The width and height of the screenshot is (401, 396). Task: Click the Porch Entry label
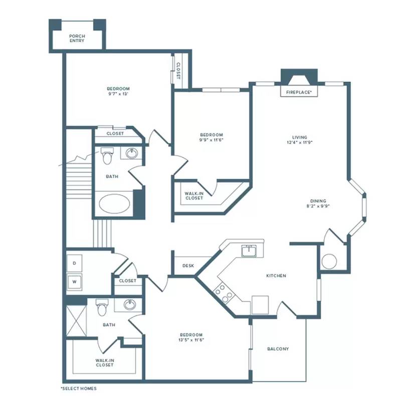tap(77, 39)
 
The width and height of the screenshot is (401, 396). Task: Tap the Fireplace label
tap(299, 92)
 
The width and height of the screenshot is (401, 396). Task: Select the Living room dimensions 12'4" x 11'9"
tap(300, 142)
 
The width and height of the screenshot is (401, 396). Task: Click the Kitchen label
tap(276, 276)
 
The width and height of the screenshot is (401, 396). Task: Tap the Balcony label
tap(278, 349)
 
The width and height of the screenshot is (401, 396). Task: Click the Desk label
tap(188, 266)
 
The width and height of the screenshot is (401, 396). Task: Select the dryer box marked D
tap(74, 263)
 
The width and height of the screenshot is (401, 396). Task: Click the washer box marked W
tap(74, 282)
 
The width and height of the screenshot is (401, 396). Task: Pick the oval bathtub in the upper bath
tap(114, 204)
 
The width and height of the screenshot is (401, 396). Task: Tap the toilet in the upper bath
tap(107, 155)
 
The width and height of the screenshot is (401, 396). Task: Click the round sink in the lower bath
tap(130, 304)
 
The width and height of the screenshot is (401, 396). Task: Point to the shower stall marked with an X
tap(77, 321)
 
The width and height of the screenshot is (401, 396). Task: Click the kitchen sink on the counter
tap(249, 251)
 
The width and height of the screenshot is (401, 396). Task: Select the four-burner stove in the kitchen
tap(224, 293)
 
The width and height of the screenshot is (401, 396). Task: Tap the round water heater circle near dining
tap(329, 261)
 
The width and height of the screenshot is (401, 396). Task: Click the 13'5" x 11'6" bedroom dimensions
tap(191, 340)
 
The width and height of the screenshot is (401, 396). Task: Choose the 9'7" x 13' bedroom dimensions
tap(118, 94)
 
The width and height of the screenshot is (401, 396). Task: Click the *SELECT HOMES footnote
tap(79, 388)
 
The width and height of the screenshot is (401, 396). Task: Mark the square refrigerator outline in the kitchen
tap(260, 305)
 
